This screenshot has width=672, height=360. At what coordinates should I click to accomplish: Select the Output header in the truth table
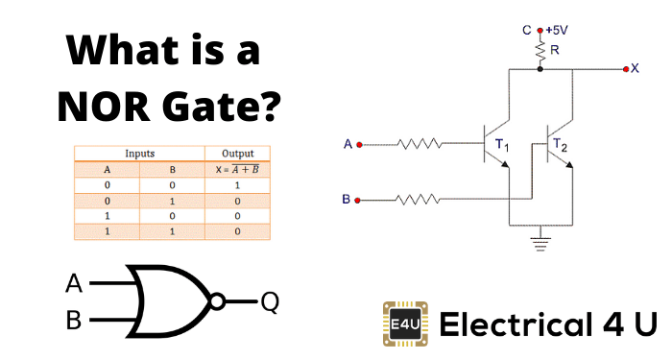point(236,153)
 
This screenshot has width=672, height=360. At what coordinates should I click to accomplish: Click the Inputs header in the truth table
point(139,153)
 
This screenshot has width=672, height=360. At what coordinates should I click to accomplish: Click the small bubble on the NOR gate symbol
point(219,300)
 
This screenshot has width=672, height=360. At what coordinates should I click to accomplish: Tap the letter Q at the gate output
point(270,301)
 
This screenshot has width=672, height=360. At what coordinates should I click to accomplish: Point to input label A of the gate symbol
point(74,284)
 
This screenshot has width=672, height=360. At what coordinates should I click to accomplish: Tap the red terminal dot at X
point(625,69)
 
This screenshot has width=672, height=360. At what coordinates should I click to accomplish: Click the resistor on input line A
point(420,145)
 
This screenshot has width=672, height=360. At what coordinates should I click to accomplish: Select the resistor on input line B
point(420,201)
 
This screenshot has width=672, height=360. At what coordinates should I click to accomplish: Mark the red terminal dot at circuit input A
point(359,145)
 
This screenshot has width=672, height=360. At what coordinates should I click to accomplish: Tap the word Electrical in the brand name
point(510,325)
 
